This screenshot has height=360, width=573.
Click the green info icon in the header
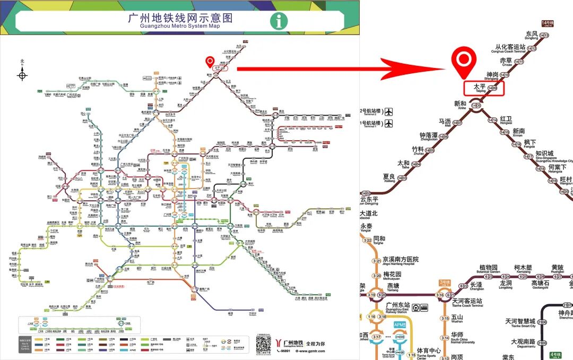pos(279,21)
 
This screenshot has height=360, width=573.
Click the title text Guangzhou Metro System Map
pos(180,20)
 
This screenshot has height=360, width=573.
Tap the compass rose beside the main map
pos(22,75)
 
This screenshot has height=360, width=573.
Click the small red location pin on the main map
pos(210,62)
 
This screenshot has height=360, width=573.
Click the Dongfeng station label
pos(531,36)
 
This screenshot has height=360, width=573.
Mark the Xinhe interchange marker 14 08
pos(476,105)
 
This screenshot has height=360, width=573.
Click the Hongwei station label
pos(506,120)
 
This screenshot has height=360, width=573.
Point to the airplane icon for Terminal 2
pos(390,112)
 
